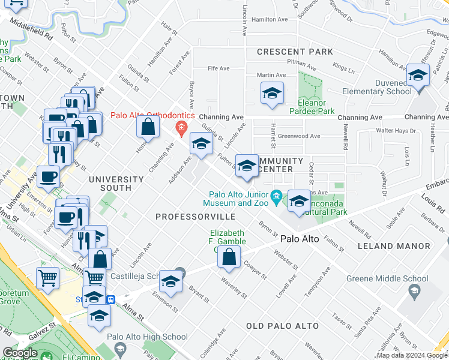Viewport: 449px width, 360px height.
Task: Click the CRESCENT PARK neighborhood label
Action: tap(295, 52)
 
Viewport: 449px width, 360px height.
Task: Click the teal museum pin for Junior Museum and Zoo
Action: tap(276, 196)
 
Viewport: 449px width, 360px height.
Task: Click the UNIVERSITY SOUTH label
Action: tap(116, 184)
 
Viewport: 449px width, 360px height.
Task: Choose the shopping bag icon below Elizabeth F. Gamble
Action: tap(229, 257)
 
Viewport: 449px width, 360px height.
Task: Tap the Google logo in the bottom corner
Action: tap(20, 353)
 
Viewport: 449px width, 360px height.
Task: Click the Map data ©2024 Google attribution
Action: tap(412, 355)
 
